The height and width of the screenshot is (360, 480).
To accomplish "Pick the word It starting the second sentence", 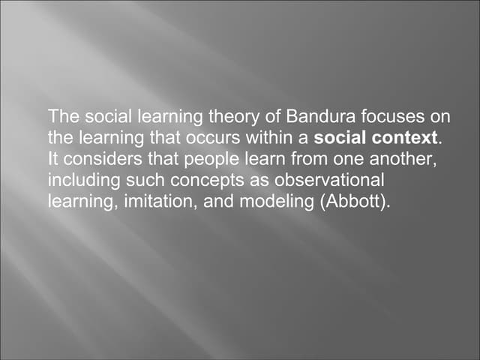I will click(52, 160).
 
